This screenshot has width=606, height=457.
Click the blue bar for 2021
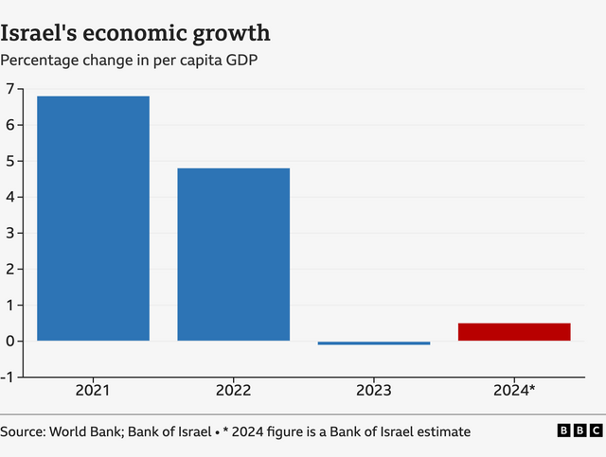[x=93, y=219]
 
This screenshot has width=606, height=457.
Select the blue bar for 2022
[x=233, y=255]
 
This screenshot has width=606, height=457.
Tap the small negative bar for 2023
[x=373, y=343]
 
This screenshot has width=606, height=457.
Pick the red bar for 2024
[x=514, y=331]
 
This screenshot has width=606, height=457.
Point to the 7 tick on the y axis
[x=9, y=89]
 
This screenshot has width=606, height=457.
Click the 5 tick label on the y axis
[x=9, y=161]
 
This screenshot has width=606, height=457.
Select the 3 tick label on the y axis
[x=9, y=233]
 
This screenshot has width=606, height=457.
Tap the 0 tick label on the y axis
[x=9, y=341]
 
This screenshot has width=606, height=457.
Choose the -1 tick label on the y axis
[x=8, y=377]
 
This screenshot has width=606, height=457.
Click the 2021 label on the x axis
[x=93, y=390]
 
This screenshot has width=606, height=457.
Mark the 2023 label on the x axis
[x=373, y=390]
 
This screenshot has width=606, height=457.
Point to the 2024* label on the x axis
[x=515, y=390]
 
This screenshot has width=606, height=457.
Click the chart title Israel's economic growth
[x=135, y=33]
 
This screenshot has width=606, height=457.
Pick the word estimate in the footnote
[x=441, y=431]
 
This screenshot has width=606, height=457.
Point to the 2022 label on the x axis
[x=233, y=390]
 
